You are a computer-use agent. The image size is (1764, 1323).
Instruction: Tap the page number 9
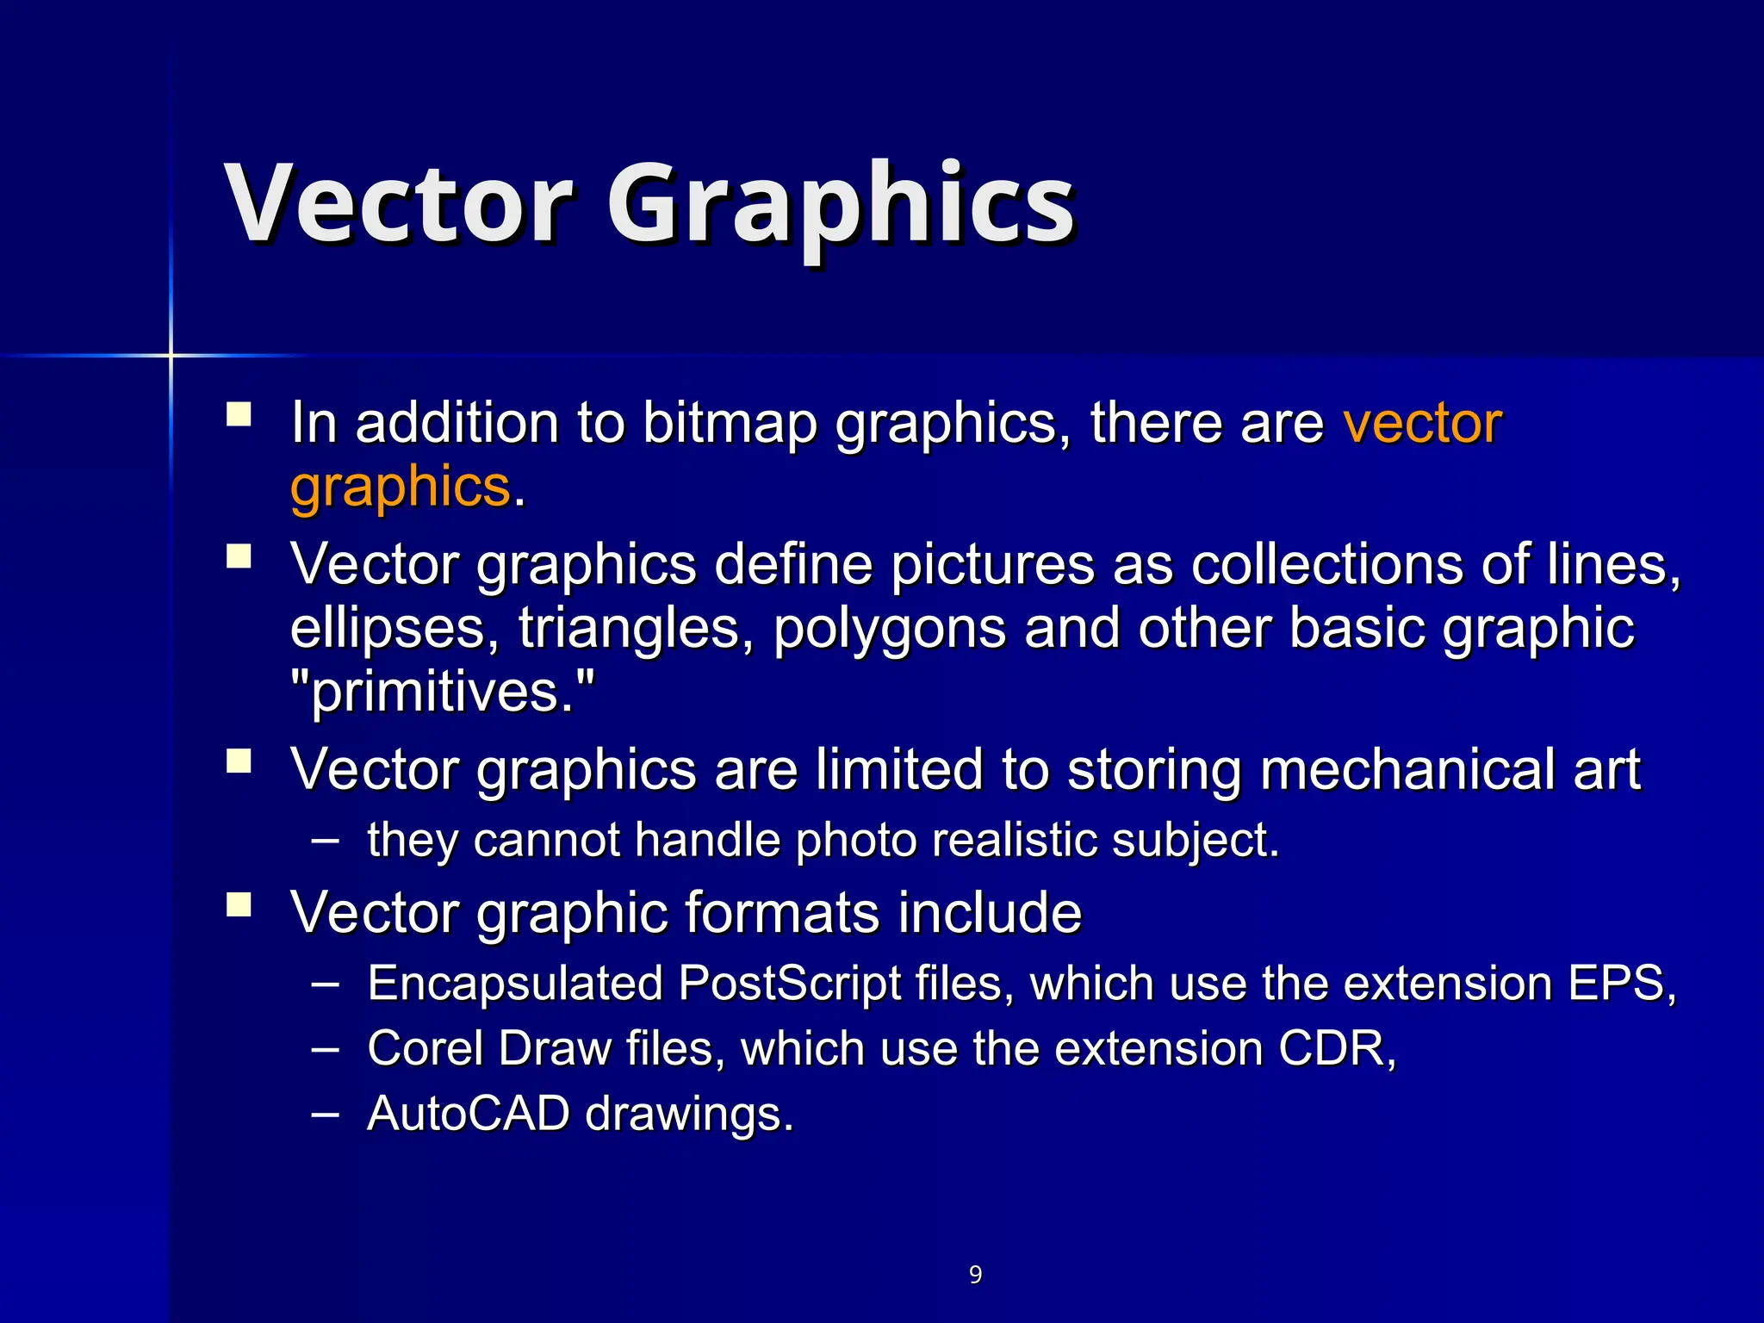[975, 1274]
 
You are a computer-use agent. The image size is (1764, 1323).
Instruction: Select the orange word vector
[1423, 424]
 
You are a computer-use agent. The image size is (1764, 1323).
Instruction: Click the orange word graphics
[401, 488]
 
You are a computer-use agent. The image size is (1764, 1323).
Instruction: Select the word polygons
[889, 629]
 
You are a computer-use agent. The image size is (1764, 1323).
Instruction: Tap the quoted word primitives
[442, 692]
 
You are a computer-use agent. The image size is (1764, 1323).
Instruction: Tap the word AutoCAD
[468, 1113]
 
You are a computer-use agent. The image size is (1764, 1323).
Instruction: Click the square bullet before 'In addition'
[239, 415]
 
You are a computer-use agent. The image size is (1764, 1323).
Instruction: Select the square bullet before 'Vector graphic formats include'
[239, 904]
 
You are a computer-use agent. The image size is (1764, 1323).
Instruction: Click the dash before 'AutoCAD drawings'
[325, 1112]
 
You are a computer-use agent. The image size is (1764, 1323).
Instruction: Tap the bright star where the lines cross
[171, 355]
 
